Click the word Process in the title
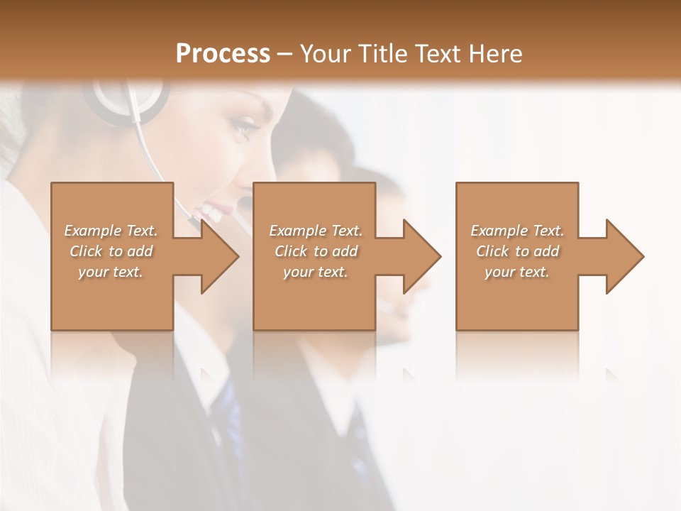click(x=223, y=54)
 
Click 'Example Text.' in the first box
click(x=111, y=231)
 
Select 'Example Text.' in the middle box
click(x=316, y=231)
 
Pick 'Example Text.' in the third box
click(x=517, y=231)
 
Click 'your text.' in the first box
click(x=111, y=272)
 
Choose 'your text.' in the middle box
click(x=316, y=272)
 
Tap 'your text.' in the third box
click(x=517, y=272)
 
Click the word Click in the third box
click(x=492, y=251)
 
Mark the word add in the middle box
click(x=345, y=251)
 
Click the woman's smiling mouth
click(x=213, y=210)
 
